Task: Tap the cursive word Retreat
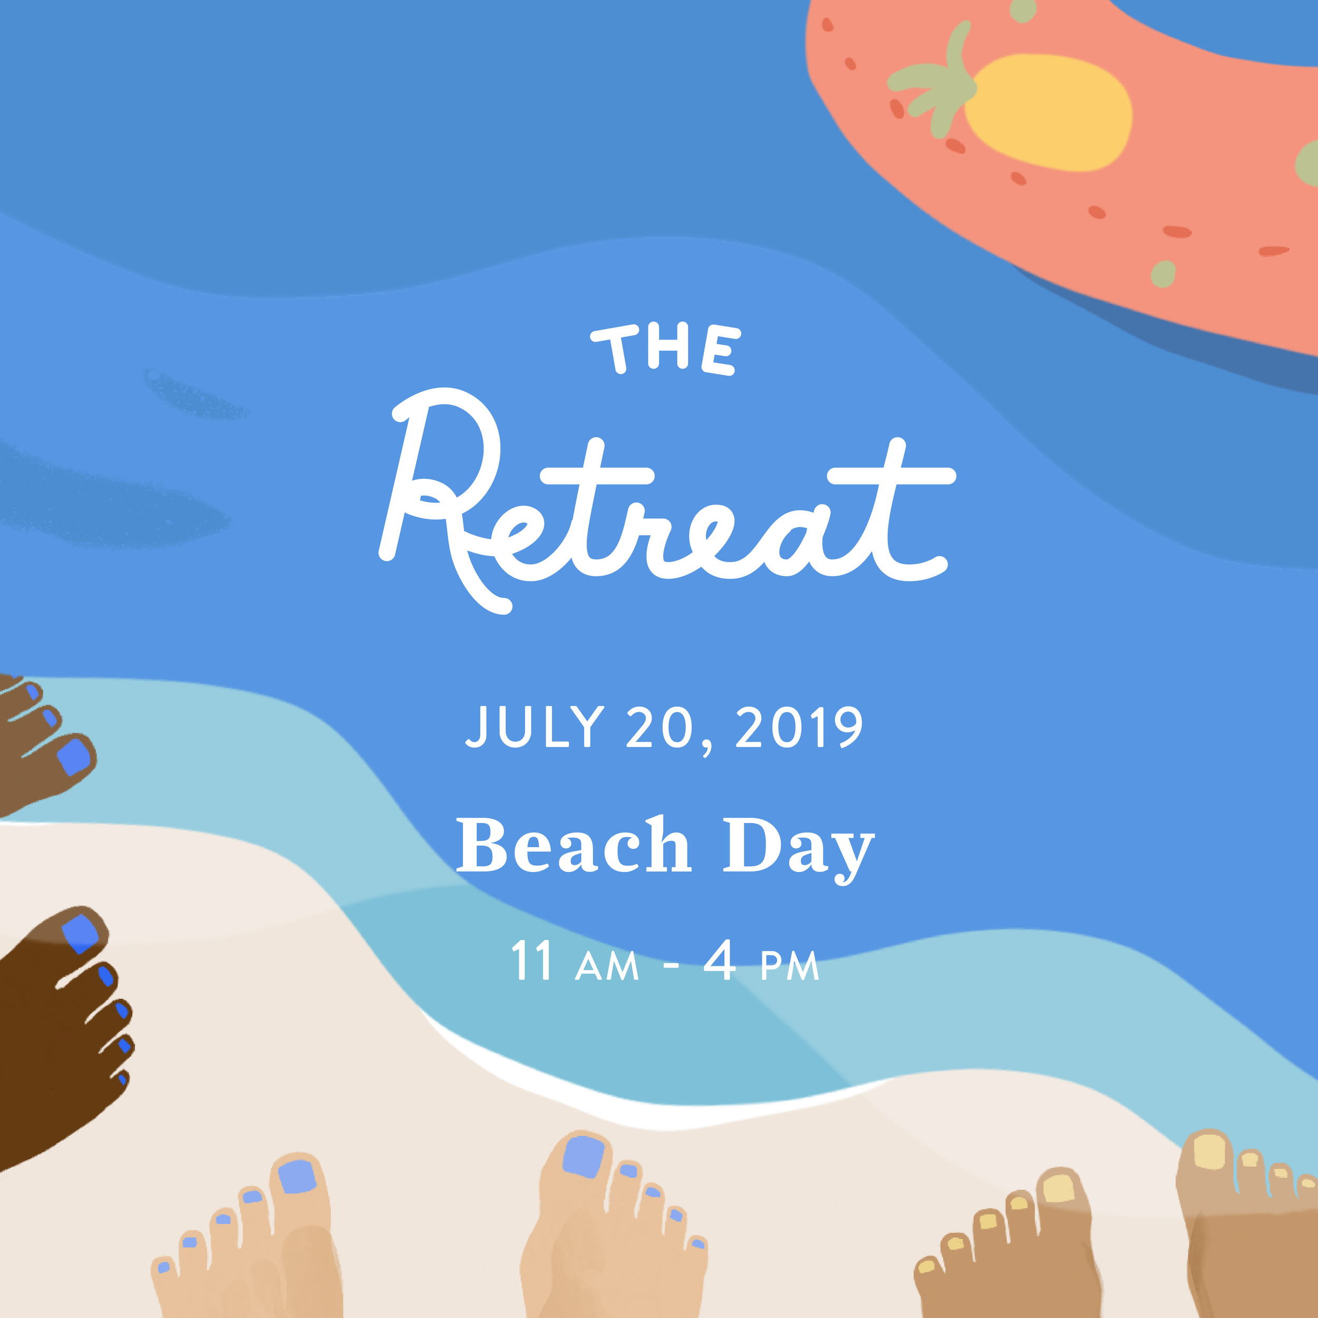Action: click(665, 505)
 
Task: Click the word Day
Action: click(798, 847)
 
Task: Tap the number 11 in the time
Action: click(532, 962)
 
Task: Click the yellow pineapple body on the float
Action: click(1051, 113)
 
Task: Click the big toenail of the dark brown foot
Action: click(80, 933)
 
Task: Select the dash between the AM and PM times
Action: click(671, 966)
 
